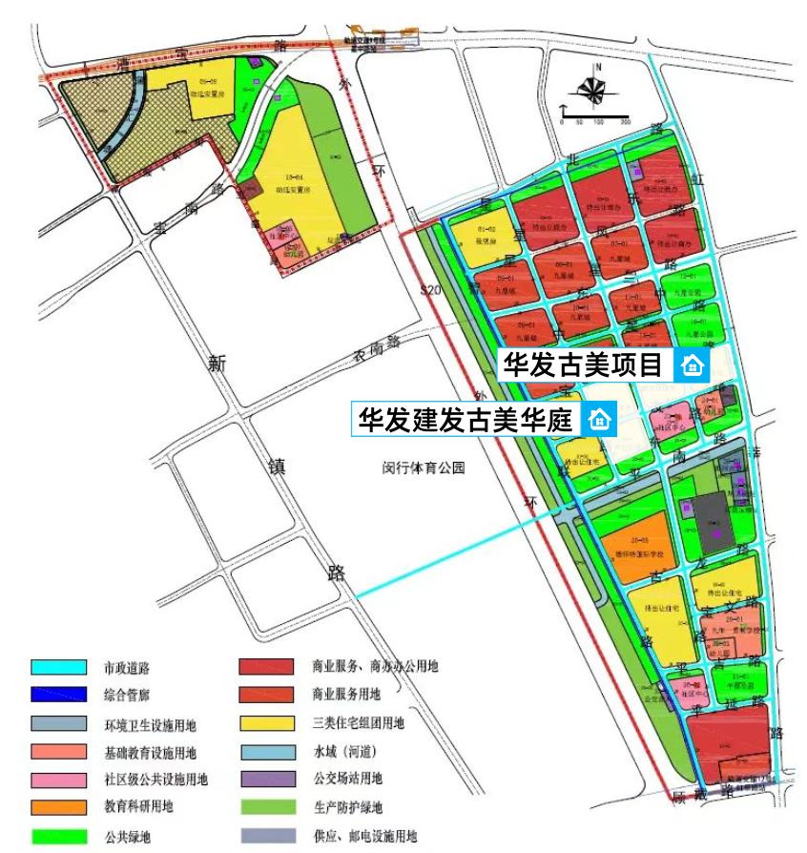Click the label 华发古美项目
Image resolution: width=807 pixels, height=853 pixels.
(583, 364)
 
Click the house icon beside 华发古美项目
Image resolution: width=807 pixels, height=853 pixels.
(691, 365)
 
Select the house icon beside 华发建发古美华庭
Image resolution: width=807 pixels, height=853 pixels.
(599, 419)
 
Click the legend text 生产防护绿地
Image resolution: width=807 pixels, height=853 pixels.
(346, 807)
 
